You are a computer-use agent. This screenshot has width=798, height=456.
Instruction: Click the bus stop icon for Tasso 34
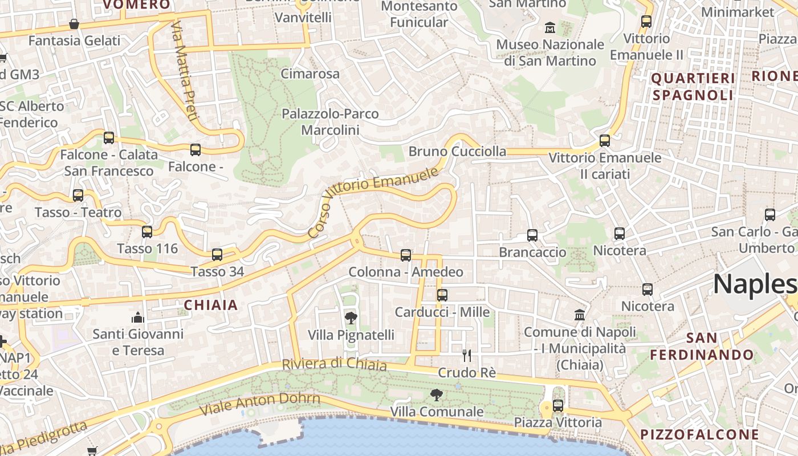pyautogui.click(x=217, y=255)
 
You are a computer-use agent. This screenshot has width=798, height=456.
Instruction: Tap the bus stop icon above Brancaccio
pyautogui.click(x=532, y=235)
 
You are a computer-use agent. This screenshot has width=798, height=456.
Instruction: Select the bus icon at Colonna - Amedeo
pyautogui.click(x=406, y=255)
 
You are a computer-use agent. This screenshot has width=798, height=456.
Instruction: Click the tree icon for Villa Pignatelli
pyautogui.click(x=351, y=318)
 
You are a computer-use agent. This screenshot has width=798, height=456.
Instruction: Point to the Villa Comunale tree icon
pyautogui.click(x=437, y=394)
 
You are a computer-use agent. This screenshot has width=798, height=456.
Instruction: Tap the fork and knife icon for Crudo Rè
pyautogui.click(x=467, y=356)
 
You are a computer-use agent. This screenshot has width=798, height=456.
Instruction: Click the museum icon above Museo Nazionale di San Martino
pyautogui.click(x=550, y=27)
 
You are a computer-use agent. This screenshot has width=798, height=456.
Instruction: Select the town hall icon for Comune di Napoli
pyautogui.click(x=580, y=315)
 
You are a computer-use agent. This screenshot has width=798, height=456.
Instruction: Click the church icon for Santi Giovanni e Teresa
pyautogui.click(x=138, y=317)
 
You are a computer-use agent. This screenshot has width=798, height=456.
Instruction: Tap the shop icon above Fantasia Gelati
pyautogui.click(x=74, y=24)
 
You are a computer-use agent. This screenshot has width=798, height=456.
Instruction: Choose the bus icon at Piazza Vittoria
pyautogui.click(x=558, y=405)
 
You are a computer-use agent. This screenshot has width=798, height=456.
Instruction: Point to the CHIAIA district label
pyautogui.click(x=210, y=305)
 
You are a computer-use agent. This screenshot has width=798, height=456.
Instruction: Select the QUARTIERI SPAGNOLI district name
pyautogui.click(x=693, y=87)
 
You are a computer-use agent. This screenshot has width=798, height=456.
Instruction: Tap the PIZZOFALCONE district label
pyautogui.click(x=700, y=434)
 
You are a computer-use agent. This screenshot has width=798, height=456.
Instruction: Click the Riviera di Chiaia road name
pyautogui.click(x=334, y=364)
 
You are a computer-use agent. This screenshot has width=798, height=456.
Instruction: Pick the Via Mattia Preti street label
pyautogui.click(x=185, y=71)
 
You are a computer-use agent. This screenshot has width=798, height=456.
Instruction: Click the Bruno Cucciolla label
pyautogui.click(x=457, y=152)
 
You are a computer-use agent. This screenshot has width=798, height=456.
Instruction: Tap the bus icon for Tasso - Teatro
pyautogui.click(x=78, y=196)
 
